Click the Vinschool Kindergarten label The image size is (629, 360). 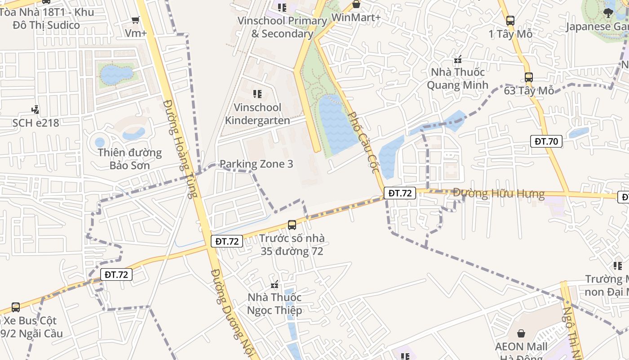(x=257, y=114)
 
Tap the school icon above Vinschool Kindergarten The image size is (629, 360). (x=257, y=94)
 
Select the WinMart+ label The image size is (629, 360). (x=356, y=17)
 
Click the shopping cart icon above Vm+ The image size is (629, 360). (x=135, y=20)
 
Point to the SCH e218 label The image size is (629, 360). (x=35, y=122)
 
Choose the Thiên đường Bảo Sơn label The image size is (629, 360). (x=130, y=159)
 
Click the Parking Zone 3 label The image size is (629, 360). (x=256, y=164)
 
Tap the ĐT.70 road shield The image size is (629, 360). (x=546, y=141)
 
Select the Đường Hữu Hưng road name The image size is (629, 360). (x=499, y=194)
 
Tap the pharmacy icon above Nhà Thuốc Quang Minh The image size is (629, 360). (x=458, y=59)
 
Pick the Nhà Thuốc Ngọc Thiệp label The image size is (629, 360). (x=275, y=304)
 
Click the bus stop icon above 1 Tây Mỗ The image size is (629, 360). (x=510, y=20)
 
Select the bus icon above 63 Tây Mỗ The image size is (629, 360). (x=529, y=77)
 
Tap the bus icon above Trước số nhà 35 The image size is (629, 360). (x=292, y=225)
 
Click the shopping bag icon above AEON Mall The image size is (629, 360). (x=521, y=333)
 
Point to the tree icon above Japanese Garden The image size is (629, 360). (x=609, y=13)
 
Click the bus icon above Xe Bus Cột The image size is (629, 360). (x=16, y=307)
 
